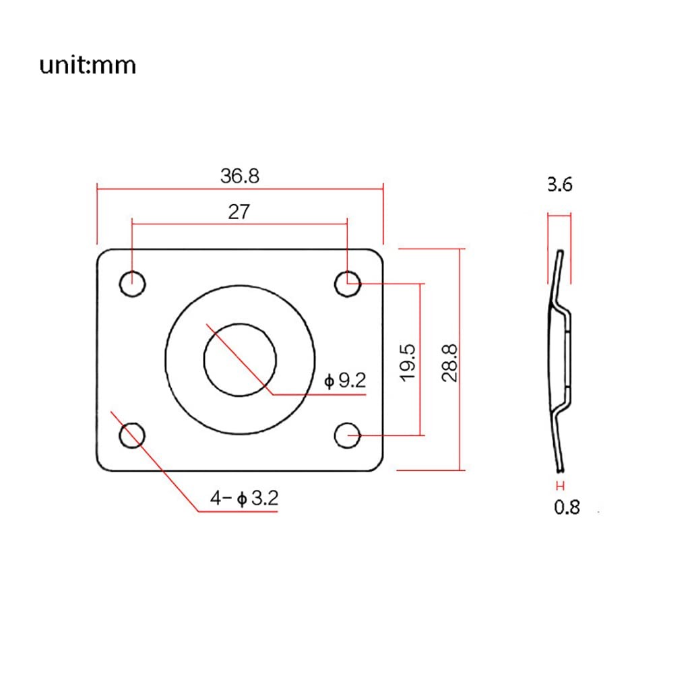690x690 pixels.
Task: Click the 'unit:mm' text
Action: click(88, 65)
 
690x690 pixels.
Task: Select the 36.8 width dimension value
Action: click(240, 176)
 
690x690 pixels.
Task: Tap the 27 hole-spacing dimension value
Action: click(239, 212)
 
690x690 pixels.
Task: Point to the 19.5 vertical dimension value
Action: click(408, 363)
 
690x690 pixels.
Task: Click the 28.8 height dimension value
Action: click(449, 363)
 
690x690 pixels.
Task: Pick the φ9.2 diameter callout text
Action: click(345, 380)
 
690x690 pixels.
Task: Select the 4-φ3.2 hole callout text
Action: click(244, 498)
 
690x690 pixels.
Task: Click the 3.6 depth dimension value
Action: click(559, 185)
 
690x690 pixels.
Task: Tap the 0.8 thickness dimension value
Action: click(567, 507)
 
